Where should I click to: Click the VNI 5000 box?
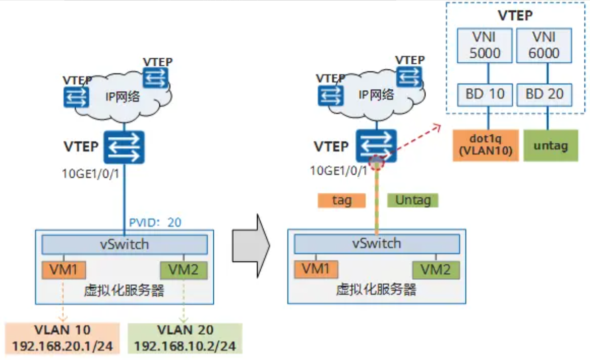(x=485, y=45)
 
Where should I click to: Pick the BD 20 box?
(x=544, y=93)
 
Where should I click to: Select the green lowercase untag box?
(x=550, y=145)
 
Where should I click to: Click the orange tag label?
(x=341, y=200)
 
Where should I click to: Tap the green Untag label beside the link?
(x=412, y=200)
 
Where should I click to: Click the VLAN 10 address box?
(x=62, y=338)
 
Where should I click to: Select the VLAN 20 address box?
(x=185, y=338)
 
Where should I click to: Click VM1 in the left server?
(x=64, y=270)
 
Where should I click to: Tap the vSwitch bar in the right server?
(x=377, y=243)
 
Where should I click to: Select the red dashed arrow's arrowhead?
(x=438, y=126)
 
